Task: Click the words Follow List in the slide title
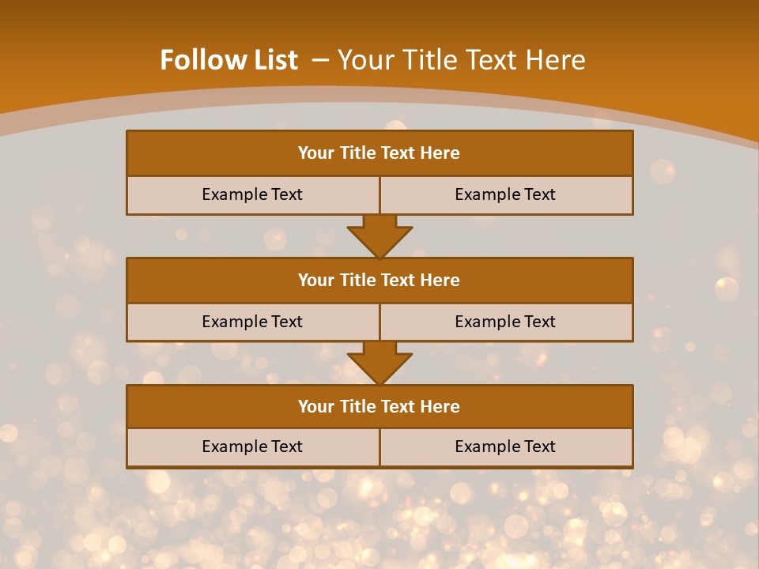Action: tap(228, 60)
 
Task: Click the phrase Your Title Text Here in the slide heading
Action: tap(462, 60)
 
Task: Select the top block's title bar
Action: tap(379, 153)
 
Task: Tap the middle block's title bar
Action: tap(379, 280)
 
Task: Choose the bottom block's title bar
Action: tap(379, 406)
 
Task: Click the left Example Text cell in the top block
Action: tap(252, 194)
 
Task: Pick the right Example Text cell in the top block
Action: tap(505, 194)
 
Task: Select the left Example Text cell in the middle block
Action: tap(252, 322)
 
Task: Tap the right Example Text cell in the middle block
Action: tap(505, 322)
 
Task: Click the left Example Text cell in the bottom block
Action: tap(252, 447)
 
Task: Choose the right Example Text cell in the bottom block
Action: tap(505, 447)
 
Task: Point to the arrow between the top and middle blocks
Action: tap(379, 236)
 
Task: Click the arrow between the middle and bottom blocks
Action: tap(379, 363)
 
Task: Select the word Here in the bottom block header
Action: tap(440, 406)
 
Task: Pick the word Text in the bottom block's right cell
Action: tap(538, 447)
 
